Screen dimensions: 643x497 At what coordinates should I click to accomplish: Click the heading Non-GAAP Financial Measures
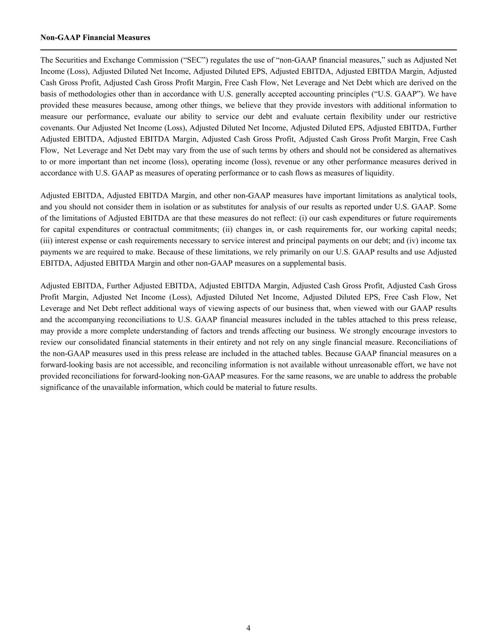coord(95,38)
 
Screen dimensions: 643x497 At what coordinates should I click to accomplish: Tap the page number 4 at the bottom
coord(248,628)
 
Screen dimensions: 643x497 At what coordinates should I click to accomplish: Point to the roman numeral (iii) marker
coord(47,241)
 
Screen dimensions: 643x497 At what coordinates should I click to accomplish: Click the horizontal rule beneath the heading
coord(248,49)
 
